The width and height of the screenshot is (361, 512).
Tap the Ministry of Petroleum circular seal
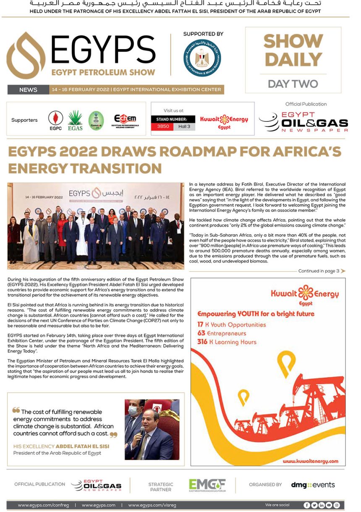coord(202,58)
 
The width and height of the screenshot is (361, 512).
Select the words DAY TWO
coord(293,84)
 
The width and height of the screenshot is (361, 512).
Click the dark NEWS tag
coord(28,89)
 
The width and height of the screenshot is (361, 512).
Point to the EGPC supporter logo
coord(55,120)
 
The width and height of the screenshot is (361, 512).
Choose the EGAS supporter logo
coord(75,120)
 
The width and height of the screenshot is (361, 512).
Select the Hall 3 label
coord(184,126)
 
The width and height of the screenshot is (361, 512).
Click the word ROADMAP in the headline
coord(170,152)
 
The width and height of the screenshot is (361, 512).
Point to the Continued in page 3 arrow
coord(343,271)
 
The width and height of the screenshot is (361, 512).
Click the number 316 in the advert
coord(202,342)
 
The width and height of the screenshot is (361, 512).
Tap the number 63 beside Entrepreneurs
coord(201,333)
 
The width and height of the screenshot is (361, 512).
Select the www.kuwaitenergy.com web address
coord(310,461)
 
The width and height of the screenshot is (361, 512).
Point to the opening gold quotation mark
coord(16,410)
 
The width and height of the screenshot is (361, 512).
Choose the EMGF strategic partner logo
coord(207,485)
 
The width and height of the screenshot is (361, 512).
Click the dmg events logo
coord(313,485)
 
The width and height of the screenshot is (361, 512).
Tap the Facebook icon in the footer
coord(307,505)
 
